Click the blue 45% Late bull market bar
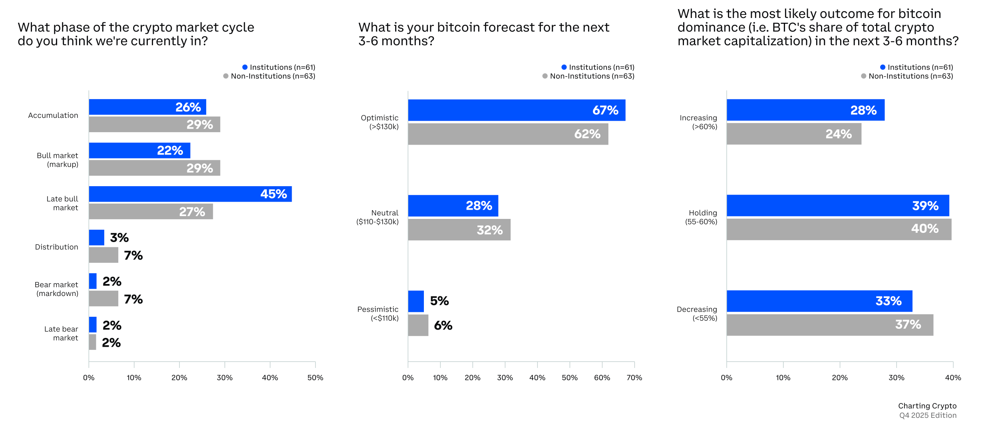[x=190, y=194]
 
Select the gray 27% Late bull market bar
[x=151, y=212]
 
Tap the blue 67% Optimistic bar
[x=517, y=110]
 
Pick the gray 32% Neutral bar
[x=459, y=230]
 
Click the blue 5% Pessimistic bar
[x=416, y=301]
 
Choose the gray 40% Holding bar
[x=839, y=229]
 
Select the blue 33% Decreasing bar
[x=819, y=301]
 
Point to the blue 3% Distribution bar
[x=97, y=238]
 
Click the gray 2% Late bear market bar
[x=93, y=342]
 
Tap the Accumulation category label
[x=53, y=115]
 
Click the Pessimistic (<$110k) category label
[x=378, y=314]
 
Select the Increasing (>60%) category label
[x=698, y=122]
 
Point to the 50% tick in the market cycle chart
[x=315, y=377]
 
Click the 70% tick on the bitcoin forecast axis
[x=634, y=377]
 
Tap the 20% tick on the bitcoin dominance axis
[x=839, y=377]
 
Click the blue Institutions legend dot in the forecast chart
[x=564, y=67]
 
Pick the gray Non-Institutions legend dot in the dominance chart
[x=863, y=76]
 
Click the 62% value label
[x=587, y=134]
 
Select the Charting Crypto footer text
[x=927, y=406]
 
